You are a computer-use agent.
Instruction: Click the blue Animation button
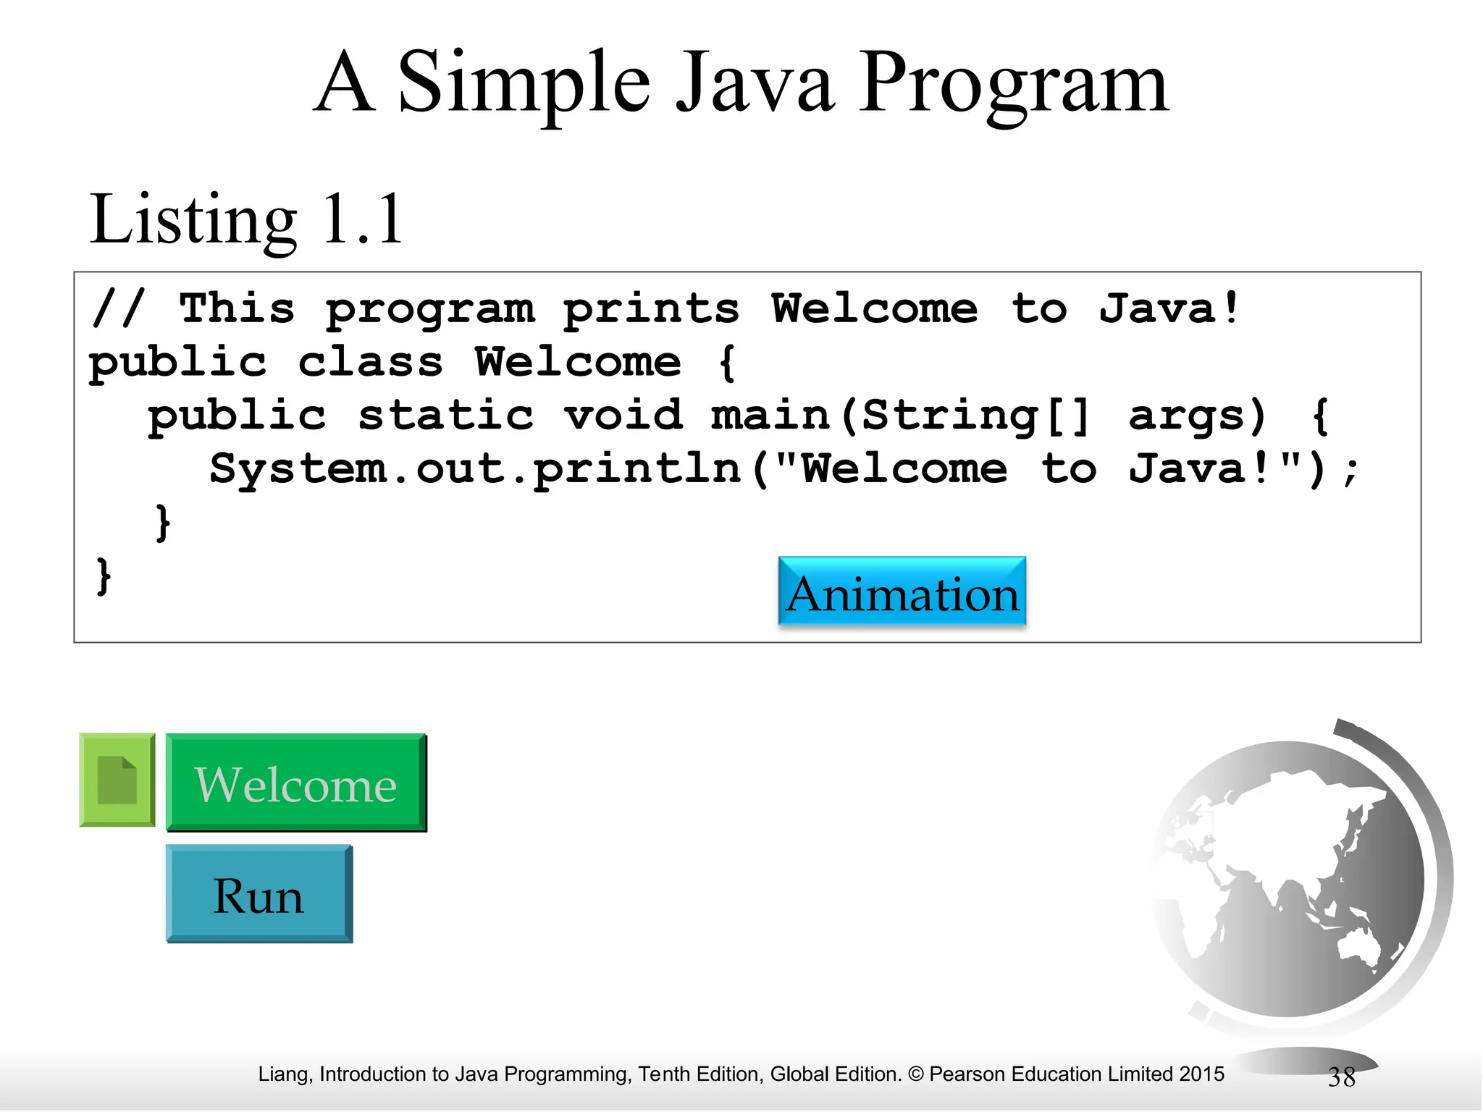pos(902,591)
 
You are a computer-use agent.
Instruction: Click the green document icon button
pos(117,780)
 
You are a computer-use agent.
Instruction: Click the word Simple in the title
pos(524,83)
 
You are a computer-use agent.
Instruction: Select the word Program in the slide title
pos(1013,83)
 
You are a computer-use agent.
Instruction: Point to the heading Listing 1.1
pos(245,219)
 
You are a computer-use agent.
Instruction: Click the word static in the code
pos(445,416)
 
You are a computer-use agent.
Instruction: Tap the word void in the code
pos(623,416)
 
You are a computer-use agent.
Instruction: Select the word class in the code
pos(370,362)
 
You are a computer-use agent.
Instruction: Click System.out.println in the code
pos(475,469)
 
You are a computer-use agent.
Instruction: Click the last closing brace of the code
pos(104,576)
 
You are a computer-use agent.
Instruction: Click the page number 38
pos(1341,1077)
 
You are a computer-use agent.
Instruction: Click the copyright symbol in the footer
pos(915,1074)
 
